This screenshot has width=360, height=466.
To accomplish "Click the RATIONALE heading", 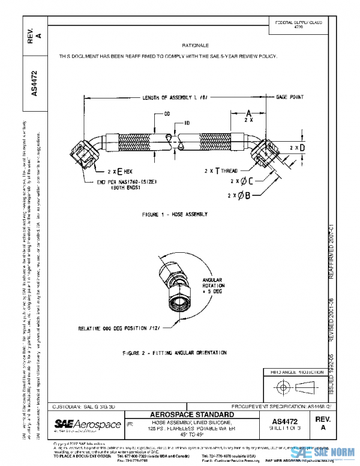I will click(x=195, y=46).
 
